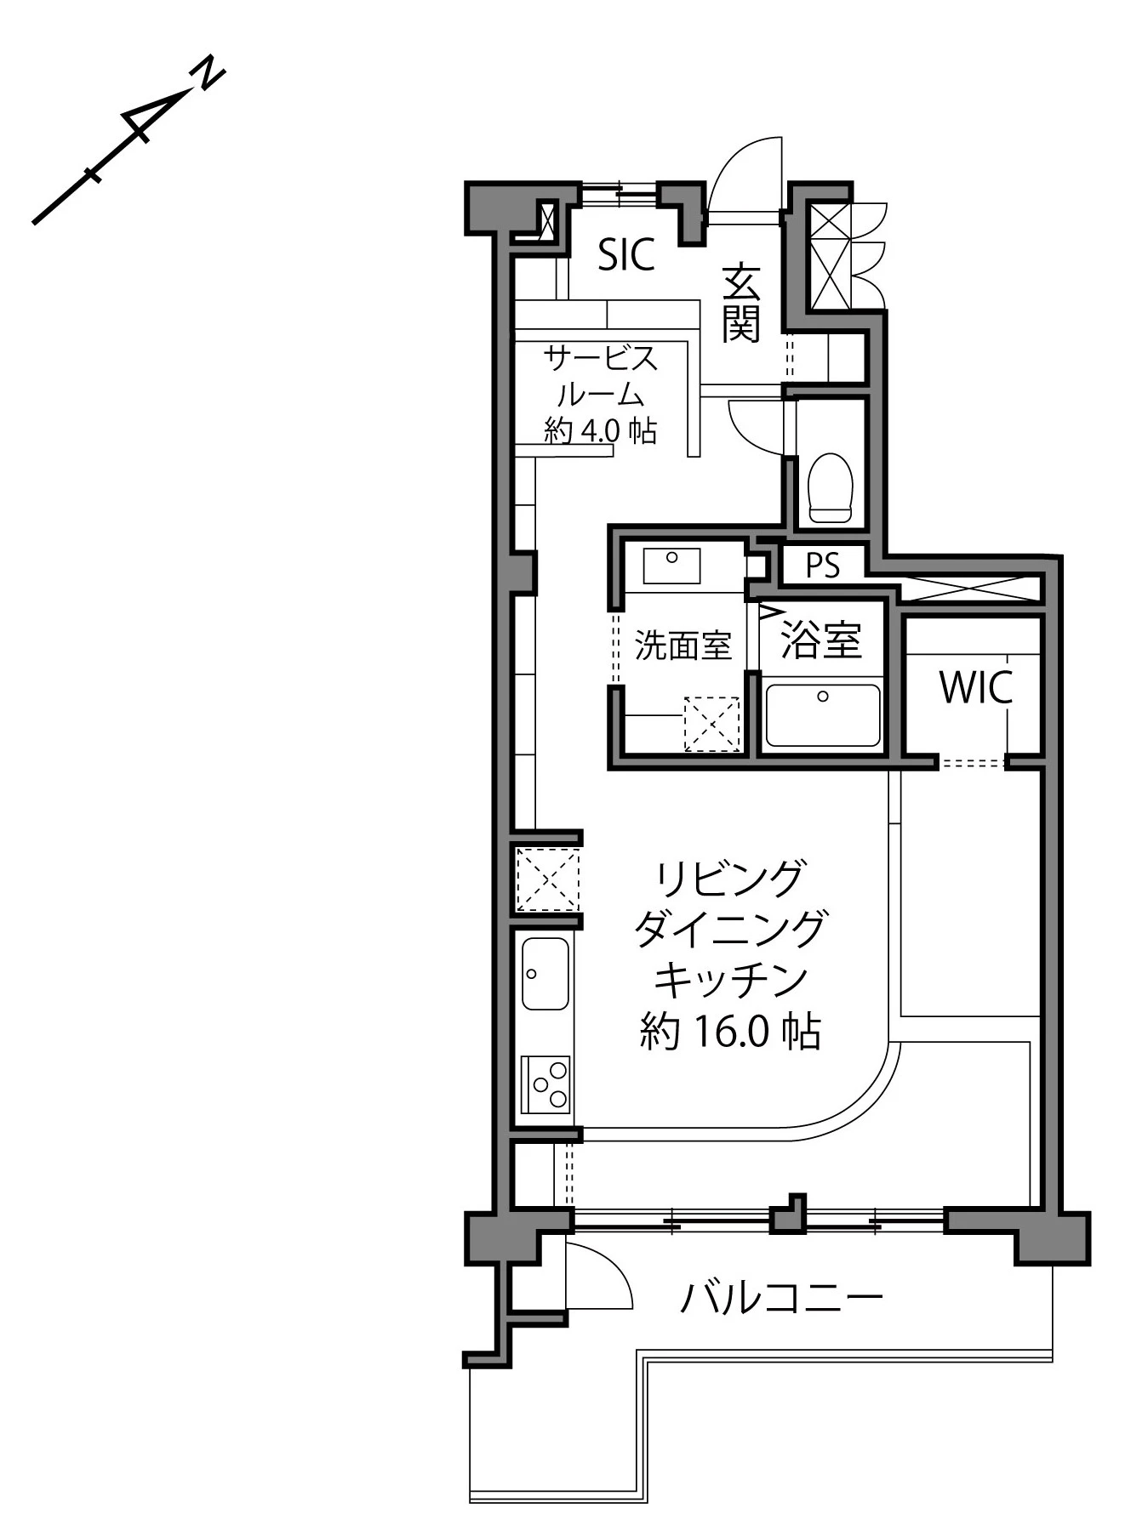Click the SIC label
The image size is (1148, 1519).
[x=626, y=253]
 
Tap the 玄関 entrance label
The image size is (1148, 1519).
[x=740, y=304]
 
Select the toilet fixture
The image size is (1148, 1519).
[x=830, y=487]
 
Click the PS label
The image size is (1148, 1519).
[x=822, y=566]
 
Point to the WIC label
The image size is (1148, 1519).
[x=975, y=687]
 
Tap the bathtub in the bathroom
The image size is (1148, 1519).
[x=823, y=715]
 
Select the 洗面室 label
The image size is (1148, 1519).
[x=683, y=646]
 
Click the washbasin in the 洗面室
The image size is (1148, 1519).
[x=671, y=566]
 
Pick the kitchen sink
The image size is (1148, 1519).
[x=545, y=974]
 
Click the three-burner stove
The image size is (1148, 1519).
[x=545, y=1084]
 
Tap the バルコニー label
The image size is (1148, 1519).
[x=781, y=1298]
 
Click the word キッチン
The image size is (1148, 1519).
[x=730, y=980]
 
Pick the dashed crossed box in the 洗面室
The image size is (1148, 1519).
[x=712, y=725]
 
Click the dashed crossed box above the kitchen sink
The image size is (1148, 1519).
[x=547, y=879]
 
